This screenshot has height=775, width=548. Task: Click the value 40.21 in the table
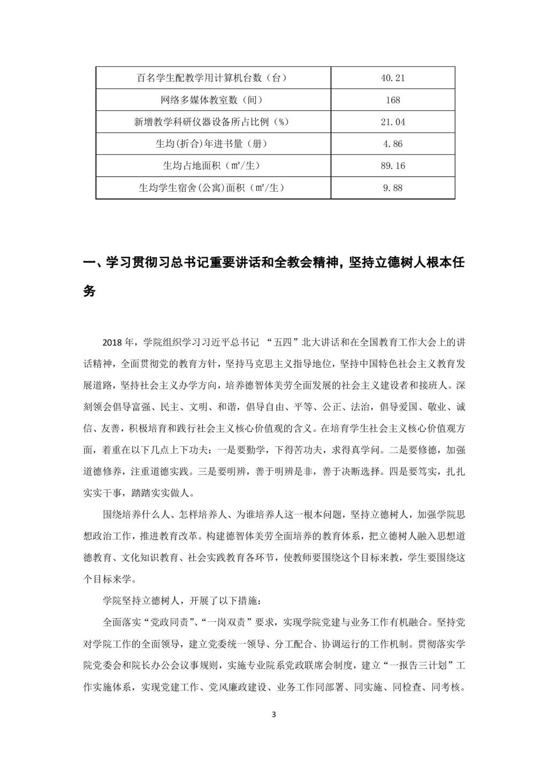[x=393, y=78]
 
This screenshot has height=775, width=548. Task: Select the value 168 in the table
[x=393, y=100]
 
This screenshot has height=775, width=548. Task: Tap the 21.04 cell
[x=393, y=122]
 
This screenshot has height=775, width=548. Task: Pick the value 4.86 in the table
[x=393, y=144]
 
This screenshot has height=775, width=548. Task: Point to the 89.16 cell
[x=393, y=166]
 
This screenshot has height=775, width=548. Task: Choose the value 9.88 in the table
[x=393, y=188]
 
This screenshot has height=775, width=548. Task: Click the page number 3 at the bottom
[x=274, y=714]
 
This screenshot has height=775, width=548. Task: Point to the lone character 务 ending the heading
[x=89, y=291]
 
